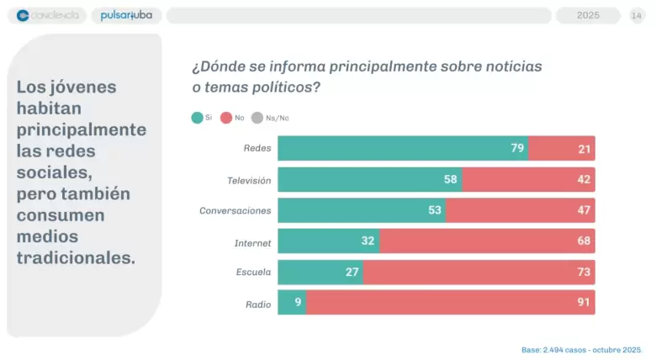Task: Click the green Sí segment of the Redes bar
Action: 403,148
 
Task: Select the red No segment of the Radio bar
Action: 451,302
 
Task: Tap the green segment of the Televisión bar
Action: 370,180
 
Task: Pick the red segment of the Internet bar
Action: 488,241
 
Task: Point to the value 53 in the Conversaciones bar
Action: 435,210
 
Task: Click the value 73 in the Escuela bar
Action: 584,272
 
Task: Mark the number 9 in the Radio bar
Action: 298,302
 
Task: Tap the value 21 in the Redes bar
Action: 584,149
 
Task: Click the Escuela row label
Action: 253,272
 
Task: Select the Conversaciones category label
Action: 235,210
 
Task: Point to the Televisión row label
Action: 249,180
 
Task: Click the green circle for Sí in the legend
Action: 197,118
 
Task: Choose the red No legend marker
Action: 226,118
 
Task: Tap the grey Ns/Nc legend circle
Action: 257,118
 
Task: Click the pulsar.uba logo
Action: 126,15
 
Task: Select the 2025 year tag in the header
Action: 588,15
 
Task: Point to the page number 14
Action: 637,15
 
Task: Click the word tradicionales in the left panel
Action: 76,258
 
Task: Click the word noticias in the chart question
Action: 514,66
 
